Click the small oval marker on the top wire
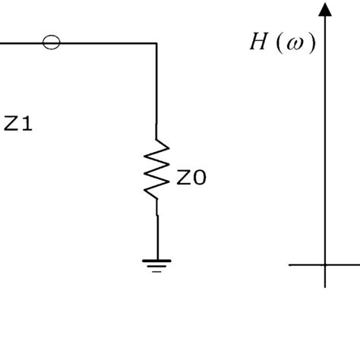pos(52,43)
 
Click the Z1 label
pos(18,124)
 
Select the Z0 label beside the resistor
pos(191,178)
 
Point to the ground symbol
pos(157,265)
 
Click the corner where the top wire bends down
pos(157,44)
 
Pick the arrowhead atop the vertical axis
pos(325,9)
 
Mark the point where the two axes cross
pos(325,264)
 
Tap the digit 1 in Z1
pos(27,124)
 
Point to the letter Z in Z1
pos(11,124)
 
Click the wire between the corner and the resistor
pos(157,91)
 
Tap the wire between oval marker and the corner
pos(106,44)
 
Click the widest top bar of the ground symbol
pos(157,261)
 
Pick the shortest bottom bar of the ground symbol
pos(157,270)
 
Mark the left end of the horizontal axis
pos(291,264)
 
